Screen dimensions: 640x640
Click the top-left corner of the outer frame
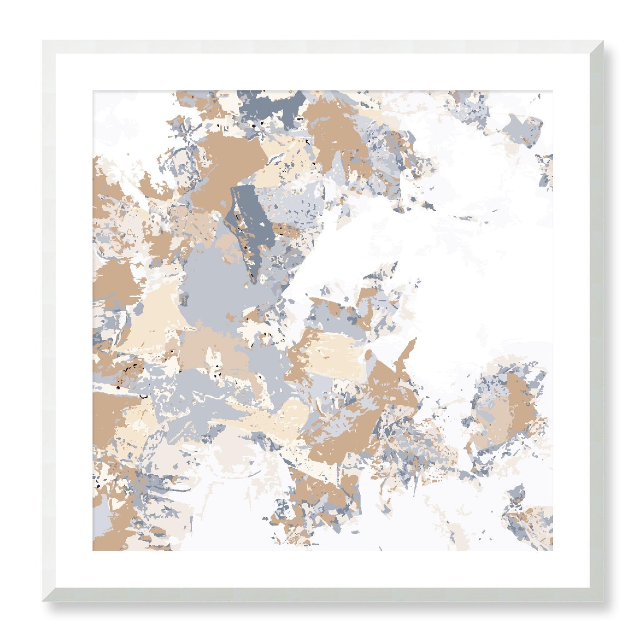(43, 41)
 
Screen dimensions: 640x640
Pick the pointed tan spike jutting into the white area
(410, 350)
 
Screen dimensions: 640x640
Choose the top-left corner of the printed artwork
(93, 91)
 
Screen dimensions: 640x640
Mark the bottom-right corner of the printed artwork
(552, 551)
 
